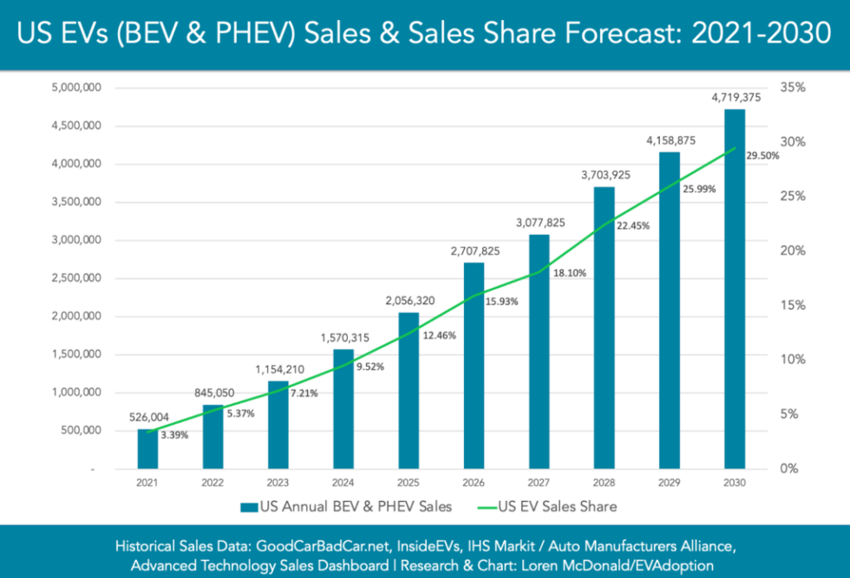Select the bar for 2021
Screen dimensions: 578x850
point(148,448)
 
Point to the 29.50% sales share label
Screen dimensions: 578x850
point(762,156)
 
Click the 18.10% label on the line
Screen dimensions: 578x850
point(569,273)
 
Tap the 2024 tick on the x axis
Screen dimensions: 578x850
point(343,482)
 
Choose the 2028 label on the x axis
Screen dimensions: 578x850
point(604,482)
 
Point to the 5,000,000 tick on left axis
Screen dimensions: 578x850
point(77,88)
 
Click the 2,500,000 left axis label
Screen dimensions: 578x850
point(77,278)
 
